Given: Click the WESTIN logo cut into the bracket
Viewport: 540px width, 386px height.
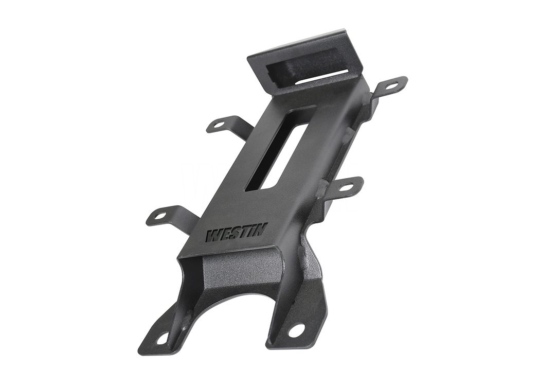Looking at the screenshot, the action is [236, 234].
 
